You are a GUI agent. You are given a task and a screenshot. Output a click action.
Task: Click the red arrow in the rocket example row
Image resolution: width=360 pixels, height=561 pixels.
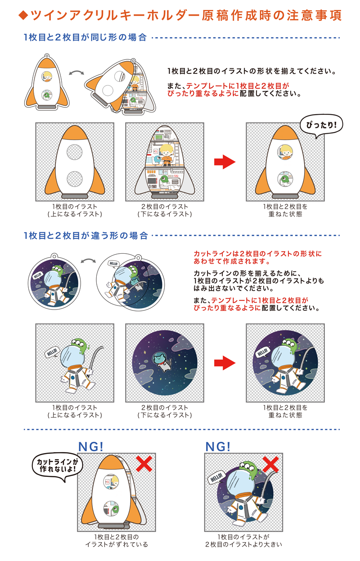(224, 162)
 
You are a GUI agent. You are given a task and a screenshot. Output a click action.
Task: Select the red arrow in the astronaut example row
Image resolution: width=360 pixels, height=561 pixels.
(224, 363)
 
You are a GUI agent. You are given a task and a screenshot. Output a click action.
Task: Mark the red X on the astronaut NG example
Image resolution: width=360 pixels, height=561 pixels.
(271, 463)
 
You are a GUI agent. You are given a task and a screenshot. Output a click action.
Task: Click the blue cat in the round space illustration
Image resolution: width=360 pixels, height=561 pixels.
(162, 360)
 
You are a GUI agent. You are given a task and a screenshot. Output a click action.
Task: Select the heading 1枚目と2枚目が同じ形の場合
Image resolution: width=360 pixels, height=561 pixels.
(85, 38)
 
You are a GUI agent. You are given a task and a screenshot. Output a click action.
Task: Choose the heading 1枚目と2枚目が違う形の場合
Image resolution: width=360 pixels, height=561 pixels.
(85, 235)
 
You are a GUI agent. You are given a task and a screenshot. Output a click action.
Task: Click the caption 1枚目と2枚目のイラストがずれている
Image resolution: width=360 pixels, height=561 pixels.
(117, 541)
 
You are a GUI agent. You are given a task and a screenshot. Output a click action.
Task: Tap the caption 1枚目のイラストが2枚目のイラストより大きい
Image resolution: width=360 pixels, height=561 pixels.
(243, 541)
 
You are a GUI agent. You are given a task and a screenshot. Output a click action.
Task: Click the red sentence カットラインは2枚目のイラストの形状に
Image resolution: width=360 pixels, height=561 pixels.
(257, 254)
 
